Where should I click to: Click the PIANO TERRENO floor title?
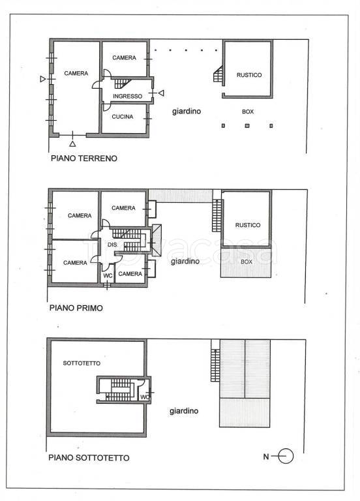[x=84, y=158]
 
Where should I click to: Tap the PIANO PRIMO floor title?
[x=76, y=308]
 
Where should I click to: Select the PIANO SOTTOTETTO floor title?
[x=89, y=457]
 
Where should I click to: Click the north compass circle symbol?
[x=286, y=456]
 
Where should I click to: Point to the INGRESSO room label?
[x=127, y=96]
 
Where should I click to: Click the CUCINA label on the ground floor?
[x=123, y=117]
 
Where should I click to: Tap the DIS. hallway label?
[x=112, y=245]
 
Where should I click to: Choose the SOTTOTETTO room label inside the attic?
[x=82, y=363]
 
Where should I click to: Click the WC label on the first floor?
[x=108, y=275]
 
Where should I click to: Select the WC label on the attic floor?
[x=145, y=397]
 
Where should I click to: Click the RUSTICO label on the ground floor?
[x=249, y=75]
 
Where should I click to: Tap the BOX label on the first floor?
[x=247, y=262]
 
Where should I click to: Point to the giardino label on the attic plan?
[x=184, y=411]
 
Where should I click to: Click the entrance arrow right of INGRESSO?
[x=161, y=93]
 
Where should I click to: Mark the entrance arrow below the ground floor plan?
[x=72, y=144]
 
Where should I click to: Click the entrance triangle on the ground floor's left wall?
[x=43, y=78]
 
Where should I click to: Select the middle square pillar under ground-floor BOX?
[x=247, y=126]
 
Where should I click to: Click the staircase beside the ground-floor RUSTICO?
[x=218, y=75]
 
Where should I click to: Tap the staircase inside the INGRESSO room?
[x=122, y=83]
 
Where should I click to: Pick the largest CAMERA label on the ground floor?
[x=76, y=73]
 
